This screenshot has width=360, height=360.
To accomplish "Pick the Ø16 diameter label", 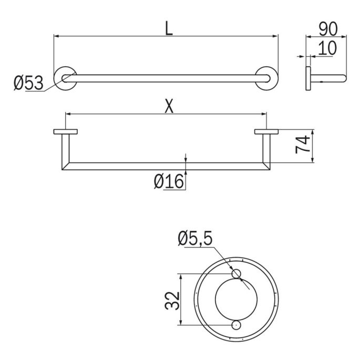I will pos(168,182).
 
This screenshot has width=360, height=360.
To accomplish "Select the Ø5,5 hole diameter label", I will pos(195,239).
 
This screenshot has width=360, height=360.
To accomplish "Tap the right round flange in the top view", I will pos(266,79).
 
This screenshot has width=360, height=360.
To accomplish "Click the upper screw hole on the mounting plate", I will pos(235,274).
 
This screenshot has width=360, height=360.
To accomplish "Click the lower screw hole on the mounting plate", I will pos(235,325).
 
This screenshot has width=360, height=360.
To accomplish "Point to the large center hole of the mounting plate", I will pos(235,299).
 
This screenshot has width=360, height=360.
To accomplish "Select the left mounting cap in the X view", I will pos(65,132).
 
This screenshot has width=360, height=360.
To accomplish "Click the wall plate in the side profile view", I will pos(308,79).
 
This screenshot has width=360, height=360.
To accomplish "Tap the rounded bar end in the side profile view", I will pos(343,79).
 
